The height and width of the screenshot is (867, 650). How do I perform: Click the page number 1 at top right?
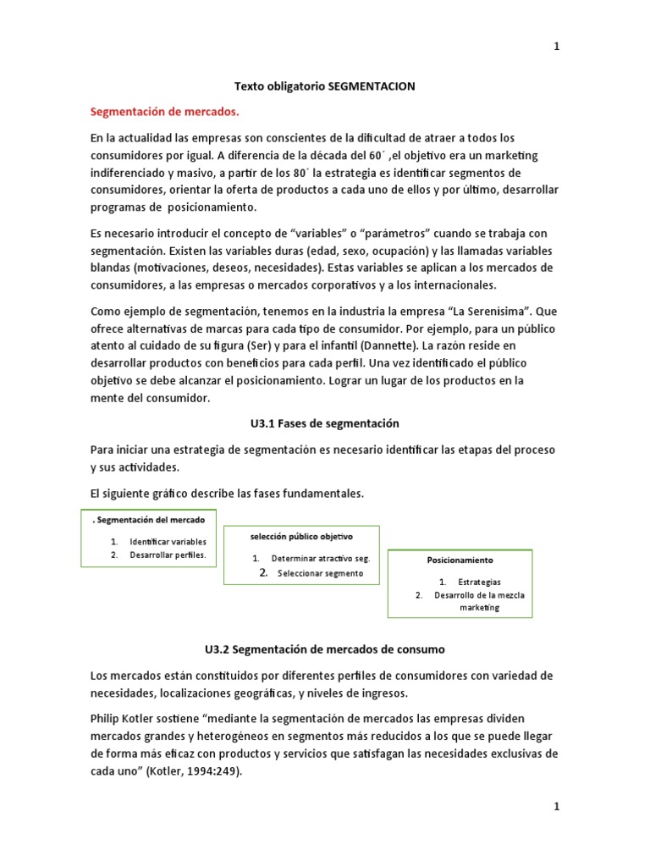pos(556,47)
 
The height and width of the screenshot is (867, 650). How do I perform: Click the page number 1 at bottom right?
pos(556,807)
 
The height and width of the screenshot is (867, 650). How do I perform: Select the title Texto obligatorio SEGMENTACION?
pos(324,86)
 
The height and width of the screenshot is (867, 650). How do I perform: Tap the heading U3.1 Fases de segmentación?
pos(324,422)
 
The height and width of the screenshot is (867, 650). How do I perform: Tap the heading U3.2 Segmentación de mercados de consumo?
pos(324,649)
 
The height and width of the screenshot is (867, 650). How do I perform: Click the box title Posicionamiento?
pos(460,561)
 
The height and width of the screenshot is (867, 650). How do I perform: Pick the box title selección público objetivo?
pos(301,537)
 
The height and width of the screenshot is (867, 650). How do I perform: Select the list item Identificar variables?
pos(168,541)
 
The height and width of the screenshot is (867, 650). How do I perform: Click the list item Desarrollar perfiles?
pos(168,555)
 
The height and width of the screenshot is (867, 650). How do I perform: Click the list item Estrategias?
pos(479,582)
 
